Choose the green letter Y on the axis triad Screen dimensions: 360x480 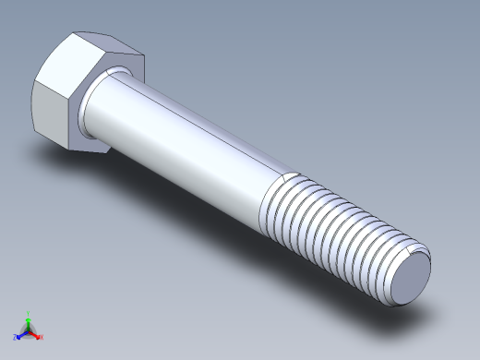point(29,313)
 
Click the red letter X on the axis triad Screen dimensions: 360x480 point(42,337)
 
